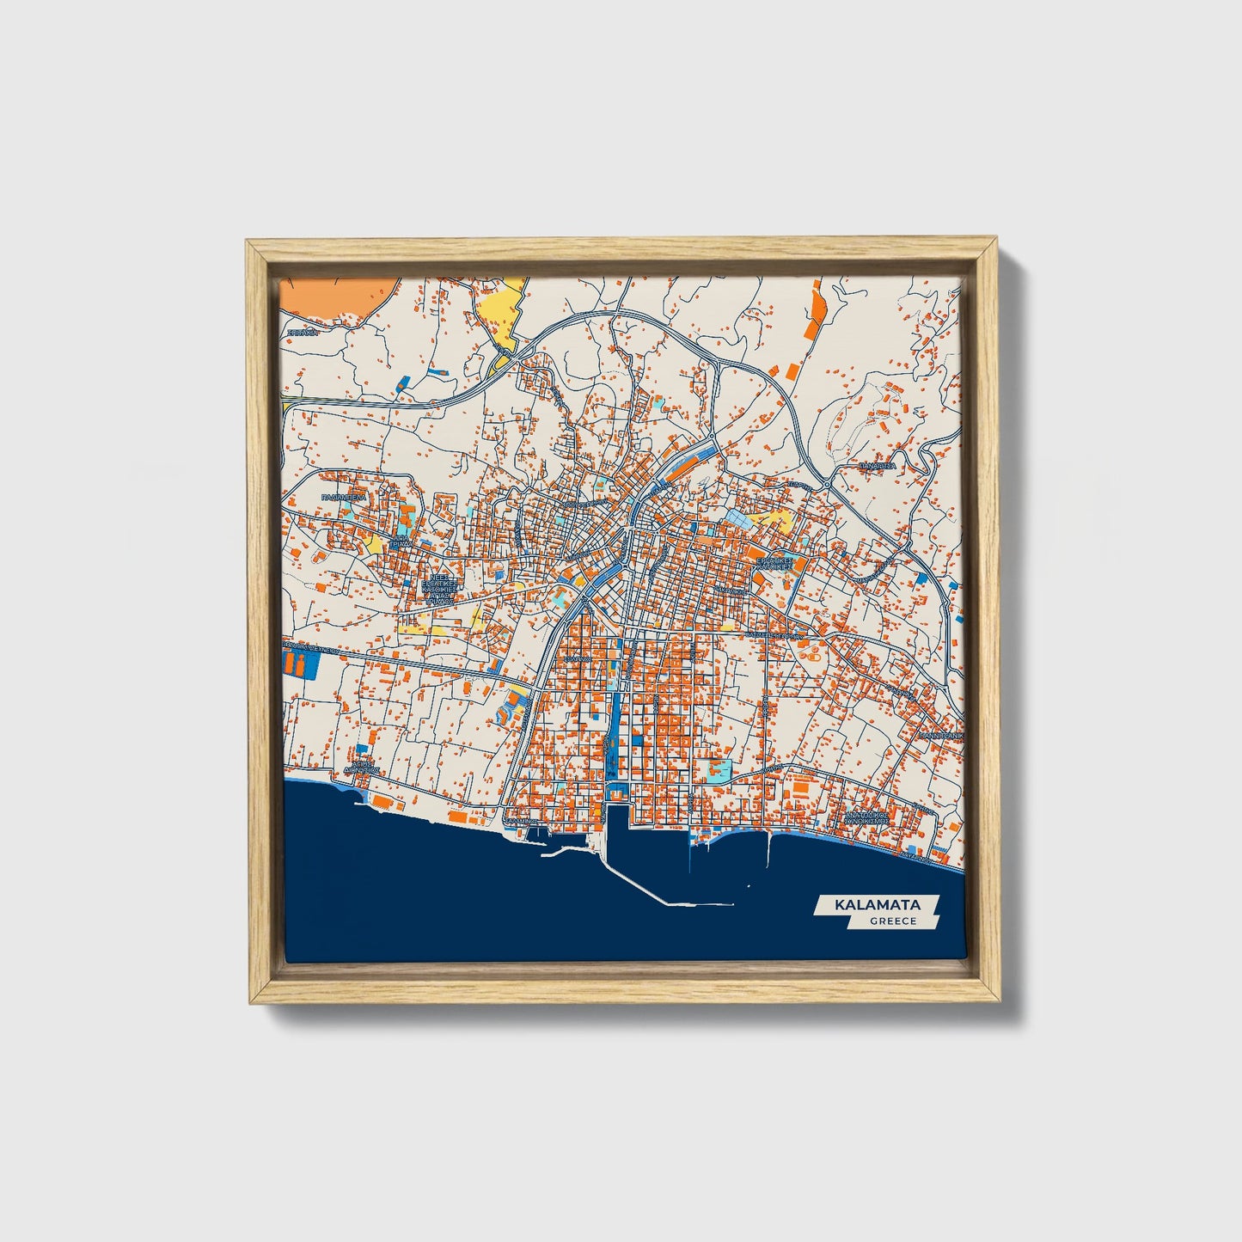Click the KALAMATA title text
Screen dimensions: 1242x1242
coord(877,905)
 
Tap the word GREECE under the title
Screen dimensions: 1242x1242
coord(892,921)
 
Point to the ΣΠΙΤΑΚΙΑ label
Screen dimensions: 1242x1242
coord(303,331)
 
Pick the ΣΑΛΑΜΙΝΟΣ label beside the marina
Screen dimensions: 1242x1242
coord(521,822)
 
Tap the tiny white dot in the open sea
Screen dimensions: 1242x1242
coord(749,886)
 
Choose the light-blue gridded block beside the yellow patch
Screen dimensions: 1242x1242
coord(740,517)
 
